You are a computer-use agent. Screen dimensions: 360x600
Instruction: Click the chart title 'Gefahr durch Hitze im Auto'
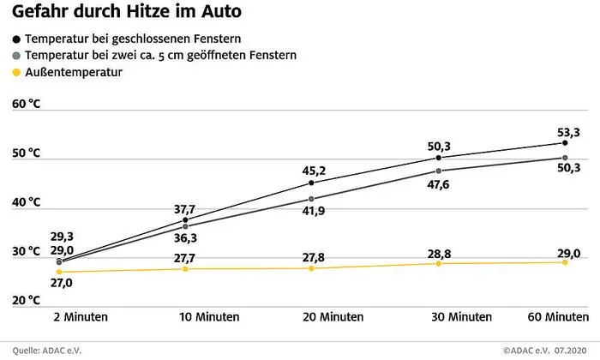point(126,13)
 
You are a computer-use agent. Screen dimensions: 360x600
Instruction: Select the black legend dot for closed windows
point(17,39)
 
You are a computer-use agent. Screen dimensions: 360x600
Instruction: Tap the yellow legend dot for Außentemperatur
point(17,73)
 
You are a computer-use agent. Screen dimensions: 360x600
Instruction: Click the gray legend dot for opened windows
point(17,56)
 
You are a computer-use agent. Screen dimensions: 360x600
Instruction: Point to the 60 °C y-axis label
point(27,104)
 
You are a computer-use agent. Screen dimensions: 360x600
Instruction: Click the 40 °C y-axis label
point(27,202)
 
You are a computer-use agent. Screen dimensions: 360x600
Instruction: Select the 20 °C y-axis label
point(27,300)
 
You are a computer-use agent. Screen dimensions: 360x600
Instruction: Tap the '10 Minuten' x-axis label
point(209,316)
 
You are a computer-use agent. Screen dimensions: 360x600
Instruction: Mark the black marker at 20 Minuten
point(311,183)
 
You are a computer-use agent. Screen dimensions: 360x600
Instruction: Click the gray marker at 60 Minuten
point(565,158)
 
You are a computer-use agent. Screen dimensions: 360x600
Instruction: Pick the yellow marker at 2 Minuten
point(59,272)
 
